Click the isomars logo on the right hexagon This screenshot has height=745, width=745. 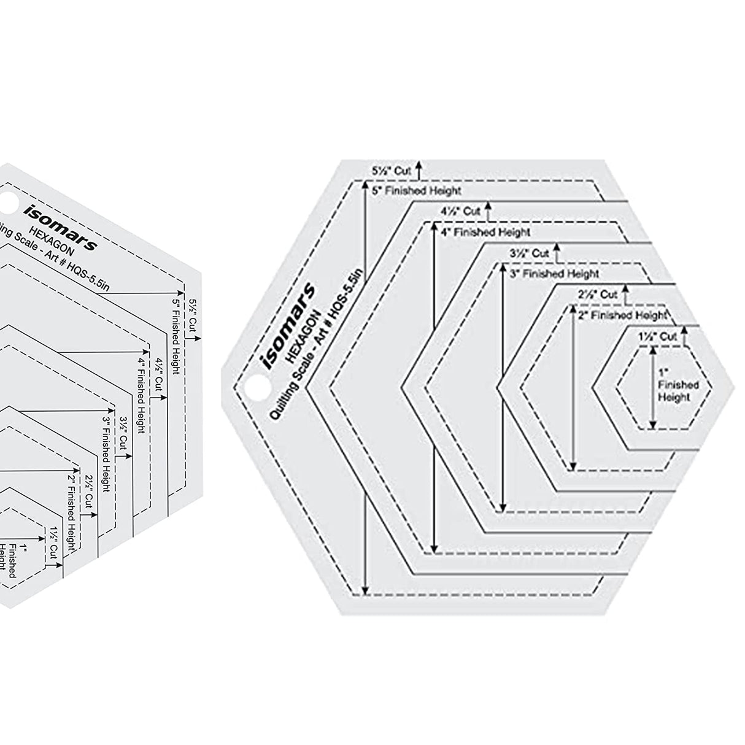pos(288,326)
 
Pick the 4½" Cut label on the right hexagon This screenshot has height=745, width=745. pos(460,211)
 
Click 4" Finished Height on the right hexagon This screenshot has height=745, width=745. pos(485,233)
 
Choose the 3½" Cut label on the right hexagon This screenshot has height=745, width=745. pos(529,253)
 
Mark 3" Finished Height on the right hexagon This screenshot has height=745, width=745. pos(554,273)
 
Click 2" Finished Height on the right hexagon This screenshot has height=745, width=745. pos(621,315)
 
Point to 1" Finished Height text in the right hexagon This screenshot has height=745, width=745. pos(674,385)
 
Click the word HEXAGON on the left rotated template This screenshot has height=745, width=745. pos(56,242)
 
